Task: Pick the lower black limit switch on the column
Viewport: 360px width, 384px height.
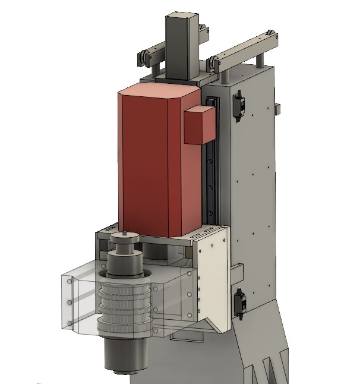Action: [241, 301]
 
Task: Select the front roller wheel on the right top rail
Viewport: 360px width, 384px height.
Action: [212, 63]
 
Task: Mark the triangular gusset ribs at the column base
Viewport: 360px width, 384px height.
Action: [270, 363]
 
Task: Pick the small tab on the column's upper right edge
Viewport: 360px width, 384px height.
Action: [276, 108]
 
